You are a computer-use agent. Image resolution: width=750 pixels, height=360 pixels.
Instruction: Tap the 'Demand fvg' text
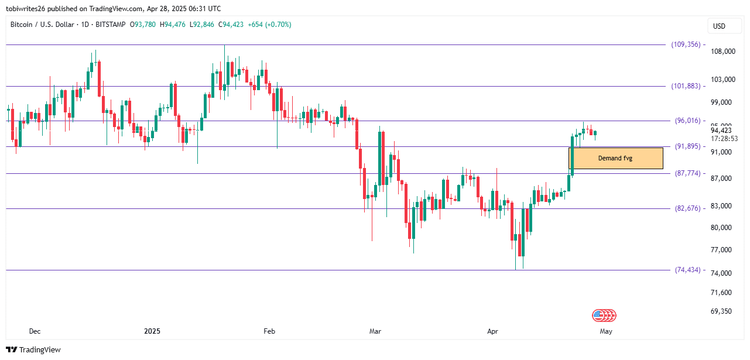pos(615,158)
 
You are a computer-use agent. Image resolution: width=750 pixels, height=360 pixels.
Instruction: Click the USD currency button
pos(718,26)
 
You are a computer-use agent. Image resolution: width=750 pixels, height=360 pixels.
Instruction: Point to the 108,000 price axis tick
pos(722,52)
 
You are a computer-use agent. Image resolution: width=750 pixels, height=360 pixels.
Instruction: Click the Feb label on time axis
pos(269,331)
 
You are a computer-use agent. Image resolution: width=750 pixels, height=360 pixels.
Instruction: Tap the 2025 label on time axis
pos(152,331)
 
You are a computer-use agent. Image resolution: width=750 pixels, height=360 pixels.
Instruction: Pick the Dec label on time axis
pos(35,331)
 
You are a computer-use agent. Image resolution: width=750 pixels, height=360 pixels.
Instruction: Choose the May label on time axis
pos(605,331)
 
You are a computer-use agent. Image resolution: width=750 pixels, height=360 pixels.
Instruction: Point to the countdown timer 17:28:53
pos(724,139)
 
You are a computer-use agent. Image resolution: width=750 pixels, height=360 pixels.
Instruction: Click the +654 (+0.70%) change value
pos(269,25)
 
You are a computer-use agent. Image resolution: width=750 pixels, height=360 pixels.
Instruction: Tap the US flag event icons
pos(604,316)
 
